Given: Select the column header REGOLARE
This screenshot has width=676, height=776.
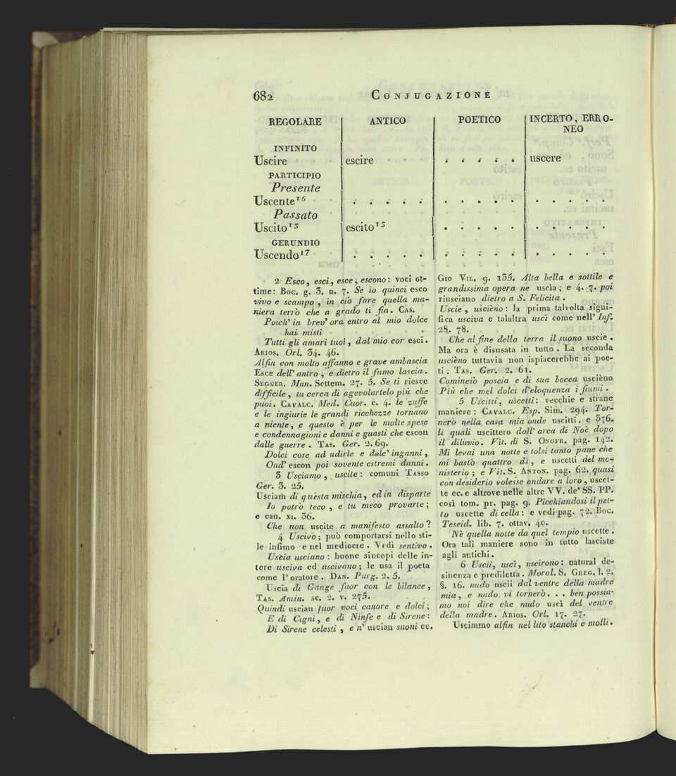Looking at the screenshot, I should (295, 121).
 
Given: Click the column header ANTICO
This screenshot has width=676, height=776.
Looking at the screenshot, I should (387, 120).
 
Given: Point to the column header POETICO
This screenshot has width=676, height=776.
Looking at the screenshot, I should (480, 120).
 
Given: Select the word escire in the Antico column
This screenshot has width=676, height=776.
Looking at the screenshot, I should (359, 161).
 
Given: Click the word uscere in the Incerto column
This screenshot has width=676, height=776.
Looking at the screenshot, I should (545, 158).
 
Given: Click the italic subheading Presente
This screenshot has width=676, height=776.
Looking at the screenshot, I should (296, 188).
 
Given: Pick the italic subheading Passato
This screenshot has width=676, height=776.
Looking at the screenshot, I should (296, 215).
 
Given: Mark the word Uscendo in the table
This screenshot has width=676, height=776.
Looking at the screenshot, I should (282, 254).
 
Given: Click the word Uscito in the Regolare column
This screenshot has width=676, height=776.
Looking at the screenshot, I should (277, 228).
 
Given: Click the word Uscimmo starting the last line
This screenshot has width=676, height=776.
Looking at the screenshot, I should (477, 625).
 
